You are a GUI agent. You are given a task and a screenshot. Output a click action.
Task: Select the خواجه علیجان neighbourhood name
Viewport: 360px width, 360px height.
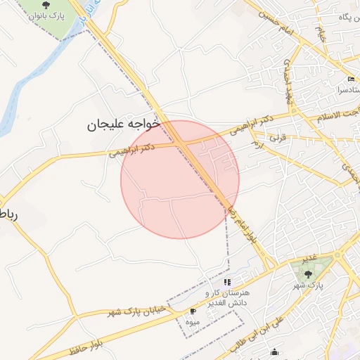124,124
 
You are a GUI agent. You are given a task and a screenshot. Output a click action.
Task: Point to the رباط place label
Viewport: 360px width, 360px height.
7,214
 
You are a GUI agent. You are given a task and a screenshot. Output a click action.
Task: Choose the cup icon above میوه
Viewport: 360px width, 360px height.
193,310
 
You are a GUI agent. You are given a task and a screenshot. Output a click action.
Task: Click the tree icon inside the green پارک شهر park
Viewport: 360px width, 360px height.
308,274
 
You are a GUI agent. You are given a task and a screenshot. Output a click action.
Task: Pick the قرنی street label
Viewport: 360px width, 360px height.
279,139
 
